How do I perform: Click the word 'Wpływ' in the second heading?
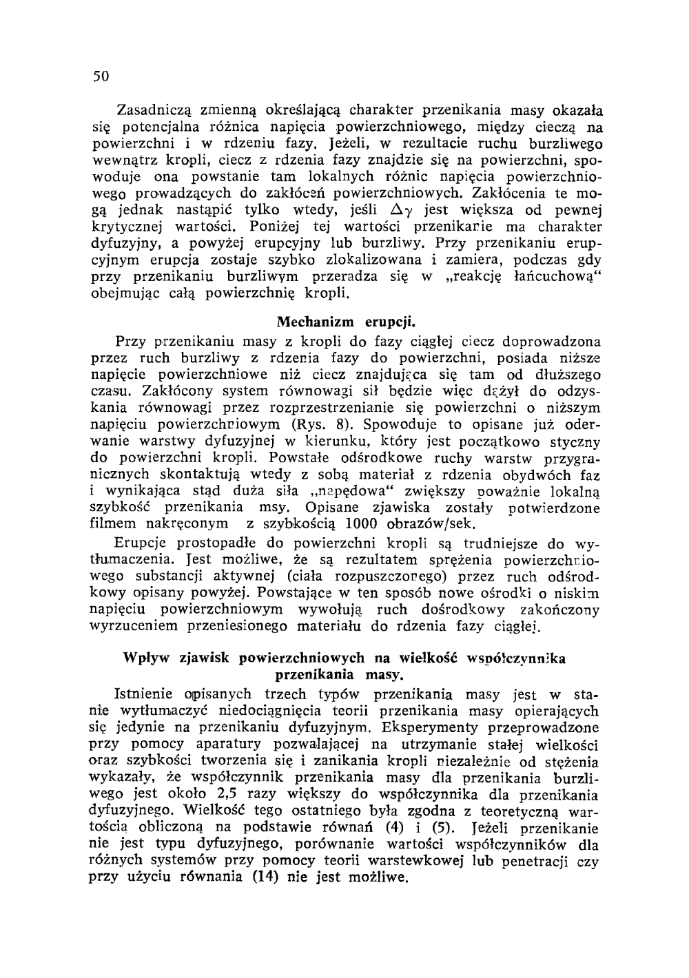[x=143, y=657]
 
